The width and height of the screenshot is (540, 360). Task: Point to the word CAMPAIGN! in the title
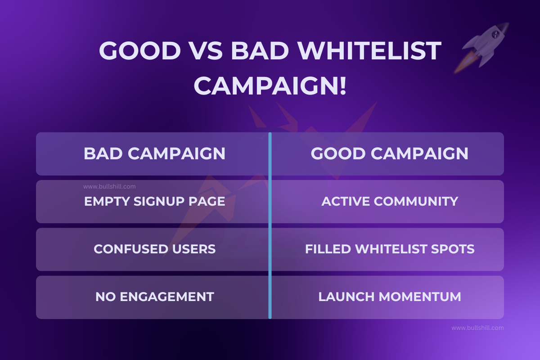tap(270, 85)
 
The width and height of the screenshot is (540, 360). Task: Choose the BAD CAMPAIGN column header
tap(154, 153)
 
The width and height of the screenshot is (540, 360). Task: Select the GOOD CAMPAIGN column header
tap(389, 153)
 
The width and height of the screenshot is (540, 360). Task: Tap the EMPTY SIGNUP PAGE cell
tap(154, 201)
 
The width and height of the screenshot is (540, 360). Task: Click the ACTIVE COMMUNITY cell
tap(389, 201)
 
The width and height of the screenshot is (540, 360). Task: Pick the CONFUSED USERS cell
tap(154, 249)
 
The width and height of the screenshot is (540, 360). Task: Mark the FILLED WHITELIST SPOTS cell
tap(389, 249)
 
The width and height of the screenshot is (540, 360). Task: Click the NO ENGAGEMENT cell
tap(154, 297)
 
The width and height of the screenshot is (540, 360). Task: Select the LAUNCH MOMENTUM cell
tap(389, 297)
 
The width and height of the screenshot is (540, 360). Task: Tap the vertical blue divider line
tap(270, 225)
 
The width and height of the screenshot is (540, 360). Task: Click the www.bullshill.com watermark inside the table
tap(109, 186)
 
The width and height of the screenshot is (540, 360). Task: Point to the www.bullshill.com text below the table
tap(477, 328)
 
